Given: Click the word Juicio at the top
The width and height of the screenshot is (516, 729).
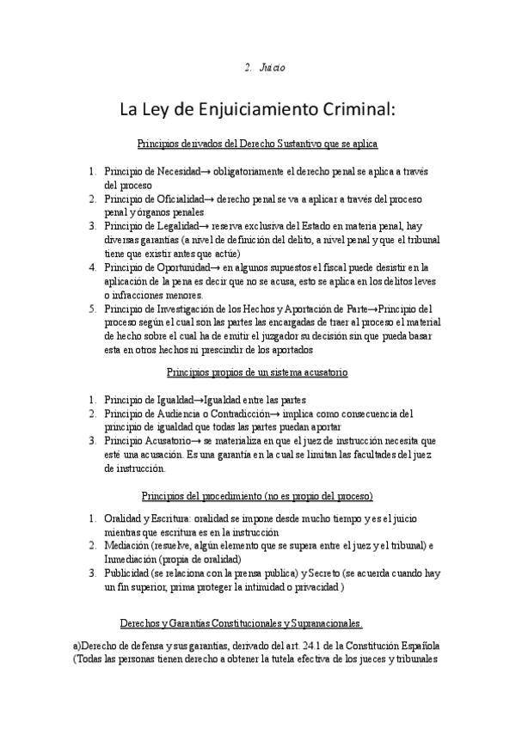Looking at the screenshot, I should pos(273,67).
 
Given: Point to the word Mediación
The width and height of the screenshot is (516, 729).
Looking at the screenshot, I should pos(126,546).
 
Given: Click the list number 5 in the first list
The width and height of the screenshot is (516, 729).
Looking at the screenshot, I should pos(91,308).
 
